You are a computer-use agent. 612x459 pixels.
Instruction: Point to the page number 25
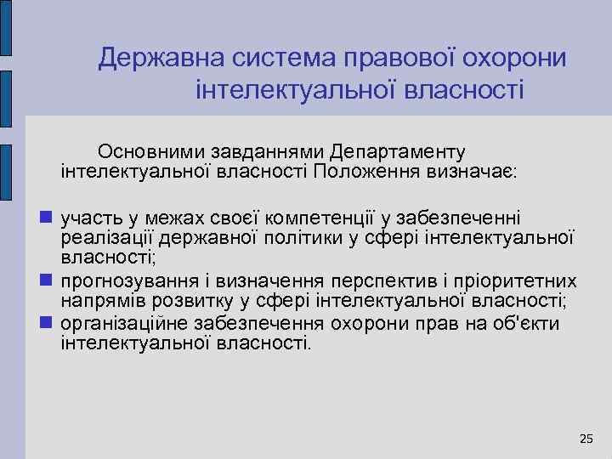[586, 438]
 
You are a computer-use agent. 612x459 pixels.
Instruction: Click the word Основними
[151, 152]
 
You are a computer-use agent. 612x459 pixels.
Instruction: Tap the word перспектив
[382, 281]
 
